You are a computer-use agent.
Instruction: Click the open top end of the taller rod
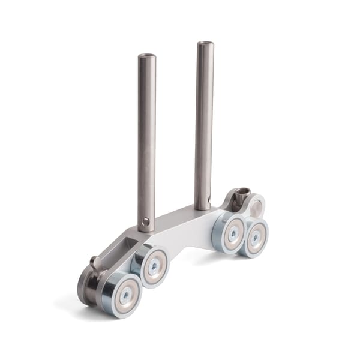click(205, 44)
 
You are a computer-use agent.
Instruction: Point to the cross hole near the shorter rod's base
click(145, 221)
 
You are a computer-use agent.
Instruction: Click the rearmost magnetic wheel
click(255, 237)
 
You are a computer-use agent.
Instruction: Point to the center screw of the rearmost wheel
click(256, 238)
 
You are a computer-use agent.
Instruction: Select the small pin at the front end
click(94, 262)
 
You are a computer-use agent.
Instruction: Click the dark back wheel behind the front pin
click(88, 286)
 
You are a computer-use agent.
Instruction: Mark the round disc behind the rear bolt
click(256, 208)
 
